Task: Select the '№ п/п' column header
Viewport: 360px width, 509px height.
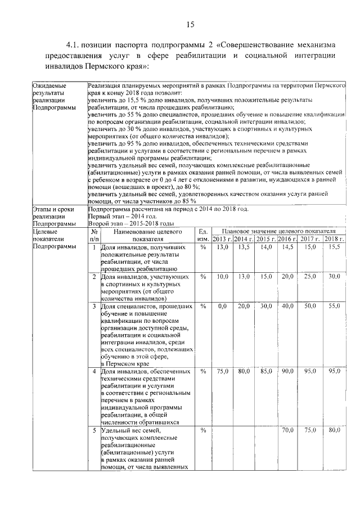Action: (x=94, y=235)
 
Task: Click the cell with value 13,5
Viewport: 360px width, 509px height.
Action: (x=244, y=247)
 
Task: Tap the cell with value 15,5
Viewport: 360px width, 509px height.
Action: (x=335, y=247)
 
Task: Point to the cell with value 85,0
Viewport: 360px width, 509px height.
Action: (x=265, y=372)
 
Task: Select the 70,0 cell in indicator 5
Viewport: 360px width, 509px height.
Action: (x=287, y=430)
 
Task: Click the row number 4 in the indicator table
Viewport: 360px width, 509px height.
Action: (x=94, y=372)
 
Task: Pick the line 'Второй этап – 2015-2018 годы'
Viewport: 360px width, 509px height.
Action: (x=132, y=223)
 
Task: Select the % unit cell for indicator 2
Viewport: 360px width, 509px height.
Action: (x=202, y=277)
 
